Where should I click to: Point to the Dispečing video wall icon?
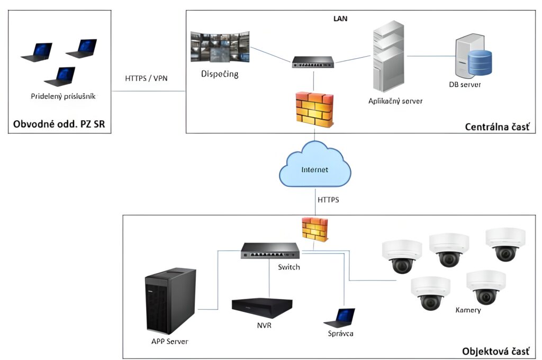(x=222, y=48)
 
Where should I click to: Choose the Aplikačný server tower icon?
(x=392, y=58)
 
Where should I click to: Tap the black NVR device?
(x=262, y=308)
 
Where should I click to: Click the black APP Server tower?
(x=170, y=300)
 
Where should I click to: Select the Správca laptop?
(x=340, y=317)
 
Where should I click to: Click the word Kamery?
(x=468, y=310)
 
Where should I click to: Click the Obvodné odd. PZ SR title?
(x=58, y=125)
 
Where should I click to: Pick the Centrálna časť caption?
(x=496, y=127)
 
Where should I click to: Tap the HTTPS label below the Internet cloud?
(x=328, y=200)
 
